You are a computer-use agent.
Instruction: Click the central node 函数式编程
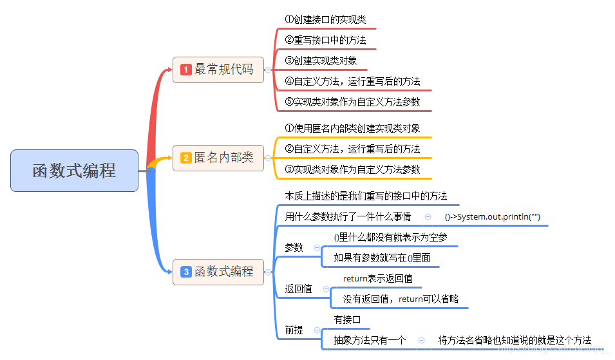[74, 171]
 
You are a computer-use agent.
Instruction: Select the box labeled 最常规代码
[218, 70]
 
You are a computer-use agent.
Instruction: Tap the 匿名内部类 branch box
[218, 158]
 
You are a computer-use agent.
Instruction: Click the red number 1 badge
[186, 70]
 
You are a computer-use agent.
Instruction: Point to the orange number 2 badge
[186, 158]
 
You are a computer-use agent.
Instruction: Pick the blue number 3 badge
[186, 272]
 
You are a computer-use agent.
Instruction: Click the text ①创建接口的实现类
[325, 20]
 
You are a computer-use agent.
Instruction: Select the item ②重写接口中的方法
[325, 41]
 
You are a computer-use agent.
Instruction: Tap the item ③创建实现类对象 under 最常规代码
[321, 61]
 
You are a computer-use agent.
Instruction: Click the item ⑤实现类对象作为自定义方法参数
[353, 102]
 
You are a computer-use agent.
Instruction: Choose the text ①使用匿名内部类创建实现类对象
[352, 129]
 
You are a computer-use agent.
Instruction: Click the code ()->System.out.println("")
[493, 217]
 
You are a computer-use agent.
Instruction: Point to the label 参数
[294, 248]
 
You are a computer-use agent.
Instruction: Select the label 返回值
[299, 289]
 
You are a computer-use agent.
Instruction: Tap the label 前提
[294, 330]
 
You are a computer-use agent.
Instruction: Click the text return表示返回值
[377, 279]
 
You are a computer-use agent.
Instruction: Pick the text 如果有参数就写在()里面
[382, 258]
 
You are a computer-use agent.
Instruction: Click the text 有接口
[347, 320]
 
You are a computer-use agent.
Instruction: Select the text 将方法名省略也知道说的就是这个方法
[515, 341]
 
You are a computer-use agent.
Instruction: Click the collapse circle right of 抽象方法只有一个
[421, 341]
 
